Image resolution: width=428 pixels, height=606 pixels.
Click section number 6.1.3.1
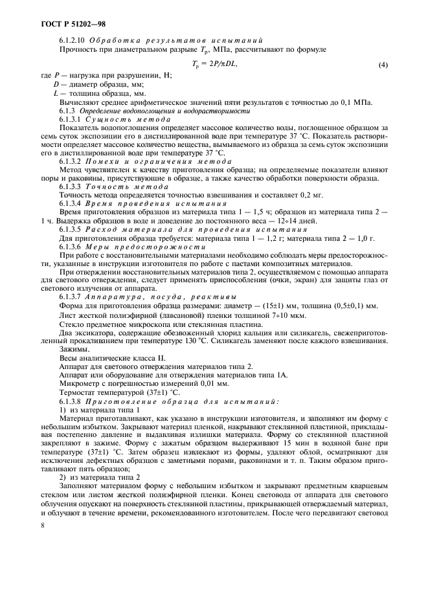point(71,120)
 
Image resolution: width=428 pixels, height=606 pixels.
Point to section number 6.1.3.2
point(71,160)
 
